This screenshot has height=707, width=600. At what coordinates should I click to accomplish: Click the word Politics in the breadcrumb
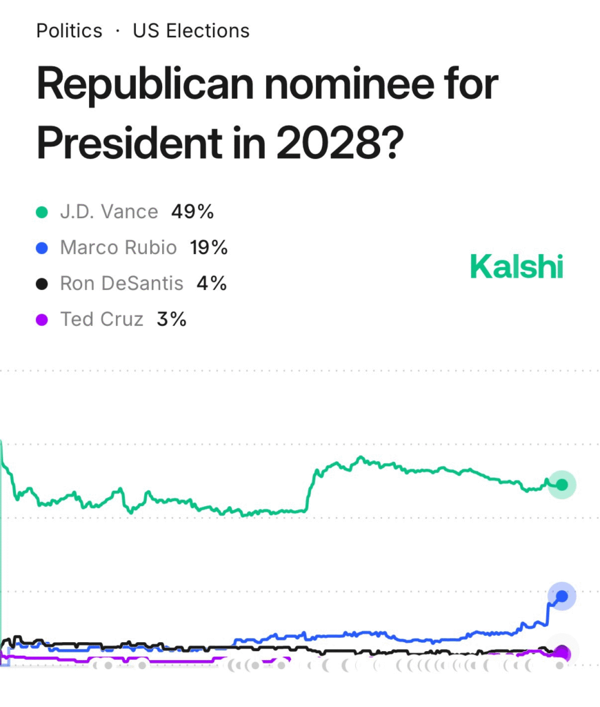[x=69, y=31]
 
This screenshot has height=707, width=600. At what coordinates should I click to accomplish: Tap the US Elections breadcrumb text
[x=191, y=31]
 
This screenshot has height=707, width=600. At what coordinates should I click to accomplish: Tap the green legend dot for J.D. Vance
[x=42, y=212]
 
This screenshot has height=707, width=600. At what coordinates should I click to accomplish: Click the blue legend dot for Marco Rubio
[x=42, y=248]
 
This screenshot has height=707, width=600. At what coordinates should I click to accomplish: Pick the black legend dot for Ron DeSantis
[x=42, y=284]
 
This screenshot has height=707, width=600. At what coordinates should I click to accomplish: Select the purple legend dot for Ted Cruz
[x=42, y=320]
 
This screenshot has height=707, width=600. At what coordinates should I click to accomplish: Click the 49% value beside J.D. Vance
[x=192, y=211]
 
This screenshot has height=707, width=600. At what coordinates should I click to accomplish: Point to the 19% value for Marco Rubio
[x=208, y=247]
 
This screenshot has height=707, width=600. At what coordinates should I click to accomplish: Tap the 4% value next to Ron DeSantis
[x=211, y=283]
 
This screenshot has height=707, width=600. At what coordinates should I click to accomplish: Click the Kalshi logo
[x=517, y=267]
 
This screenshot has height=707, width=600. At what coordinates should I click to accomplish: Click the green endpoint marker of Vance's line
[x=562, y=485]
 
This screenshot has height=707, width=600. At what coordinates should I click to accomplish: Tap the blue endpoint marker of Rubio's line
[x=562, y=596]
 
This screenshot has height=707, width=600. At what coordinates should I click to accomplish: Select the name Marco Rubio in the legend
[x=119, y=247]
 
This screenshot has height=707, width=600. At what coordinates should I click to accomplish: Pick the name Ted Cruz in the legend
[x=102, y=319]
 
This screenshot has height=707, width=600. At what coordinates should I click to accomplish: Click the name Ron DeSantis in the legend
[x=122, y=283]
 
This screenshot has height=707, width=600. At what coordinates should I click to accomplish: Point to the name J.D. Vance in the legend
[x=109, y=211]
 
